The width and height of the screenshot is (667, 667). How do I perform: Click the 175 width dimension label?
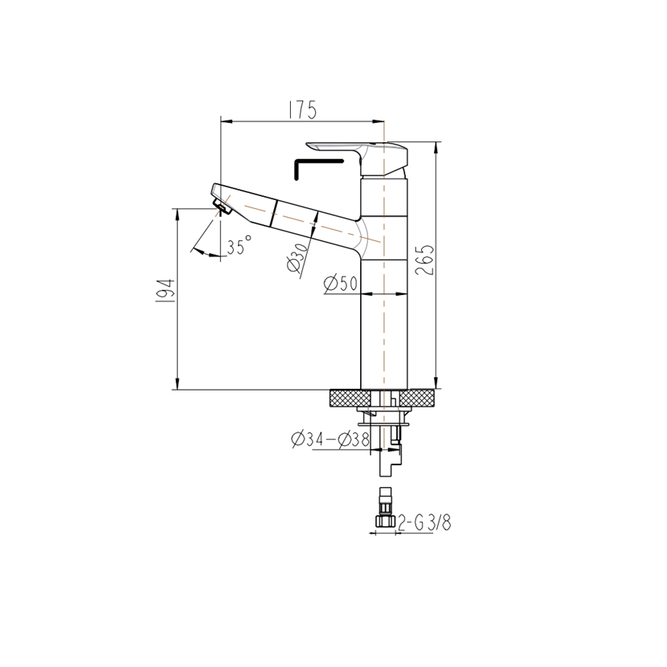pyautogui.click(x=302, y=110)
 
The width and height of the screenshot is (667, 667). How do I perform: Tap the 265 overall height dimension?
pyautogui.click(x=424, y=260)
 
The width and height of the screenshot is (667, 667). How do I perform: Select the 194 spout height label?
pyautogui.click(x=166, y=291)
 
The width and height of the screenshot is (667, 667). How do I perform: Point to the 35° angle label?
pyautogui.click(x=239, y=245)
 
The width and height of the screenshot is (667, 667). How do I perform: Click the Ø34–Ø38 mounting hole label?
pyautogui.click(x=330, y=439)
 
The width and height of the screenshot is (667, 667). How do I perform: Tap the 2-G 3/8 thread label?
pyautogui.click(x=424, y=522)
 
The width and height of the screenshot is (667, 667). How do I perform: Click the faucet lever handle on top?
pyautogui.click(x=357, y=158)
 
